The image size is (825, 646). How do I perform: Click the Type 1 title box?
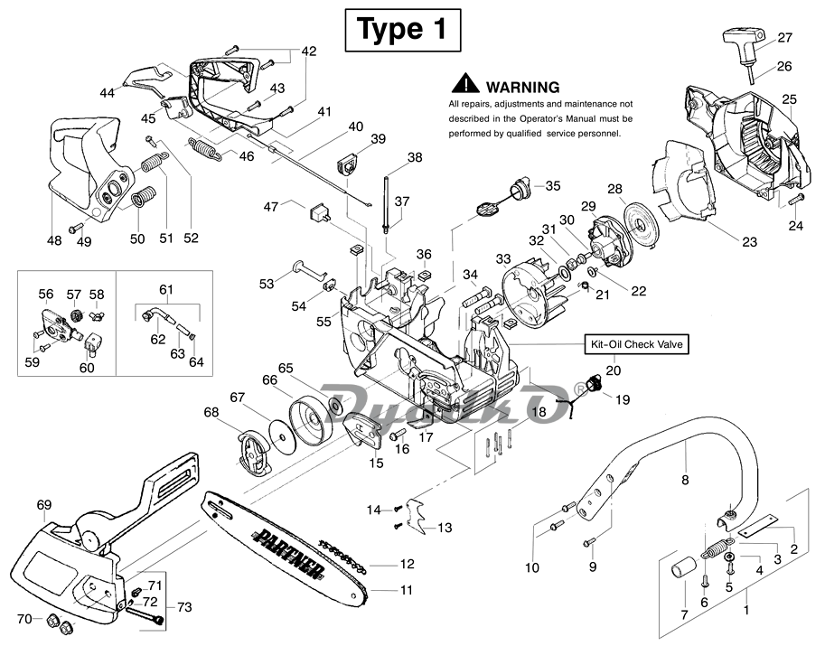click(402, 30)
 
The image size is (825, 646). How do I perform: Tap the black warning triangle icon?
click(465, 84)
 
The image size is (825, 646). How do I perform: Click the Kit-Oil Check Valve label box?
click(636, 344)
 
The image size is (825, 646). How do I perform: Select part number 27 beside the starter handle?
click(784, 38)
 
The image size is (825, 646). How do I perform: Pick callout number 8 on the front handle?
click(684, 481)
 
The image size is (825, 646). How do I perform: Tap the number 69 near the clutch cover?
click(44, 503)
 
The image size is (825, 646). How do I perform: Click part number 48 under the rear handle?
click(53, 239)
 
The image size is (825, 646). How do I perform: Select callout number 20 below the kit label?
click(614, 370)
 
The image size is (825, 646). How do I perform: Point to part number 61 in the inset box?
click(165, 289)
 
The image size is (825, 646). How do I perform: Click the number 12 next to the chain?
click(407, 565)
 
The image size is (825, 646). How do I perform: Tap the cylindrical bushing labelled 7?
click(680, 572)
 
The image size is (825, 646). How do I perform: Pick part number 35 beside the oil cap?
click(552, 186)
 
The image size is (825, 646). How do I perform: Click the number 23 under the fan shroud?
click(748, 242)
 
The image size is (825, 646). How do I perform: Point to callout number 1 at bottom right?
click(746, 610)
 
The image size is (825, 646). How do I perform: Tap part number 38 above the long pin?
click(415, 157)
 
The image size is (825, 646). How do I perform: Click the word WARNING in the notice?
click(522, 87)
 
